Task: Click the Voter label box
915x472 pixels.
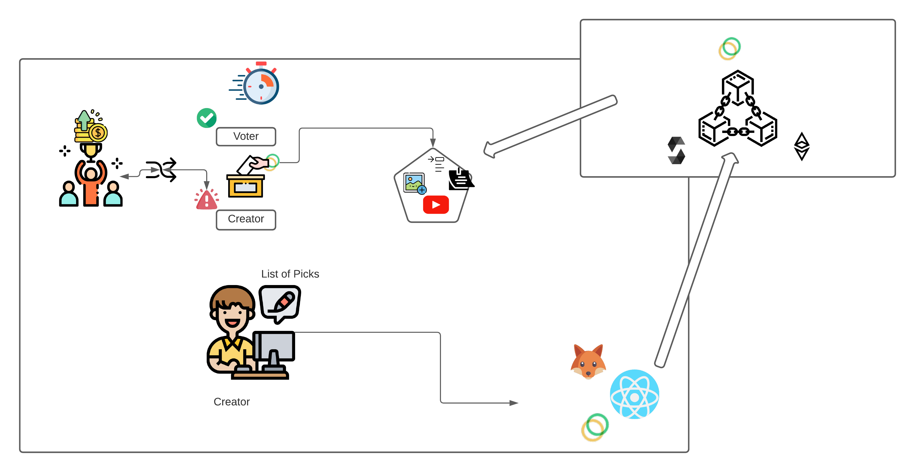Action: (x=246, y=136)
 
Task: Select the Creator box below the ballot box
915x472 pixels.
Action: (x=246, y=219)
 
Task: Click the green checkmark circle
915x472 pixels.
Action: (x=206, y=118)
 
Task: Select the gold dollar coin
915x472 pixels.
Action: (x=98, y=133)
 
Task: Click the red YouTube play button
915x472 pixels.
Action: (x=436, y=205)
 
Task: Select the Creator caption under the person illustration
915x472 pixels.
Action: (x=232, y=402)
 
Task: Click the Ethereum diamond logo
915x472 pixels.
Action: (x=802, y=146)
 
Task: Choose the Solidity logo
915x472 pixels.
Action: (x=676, y=151)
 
